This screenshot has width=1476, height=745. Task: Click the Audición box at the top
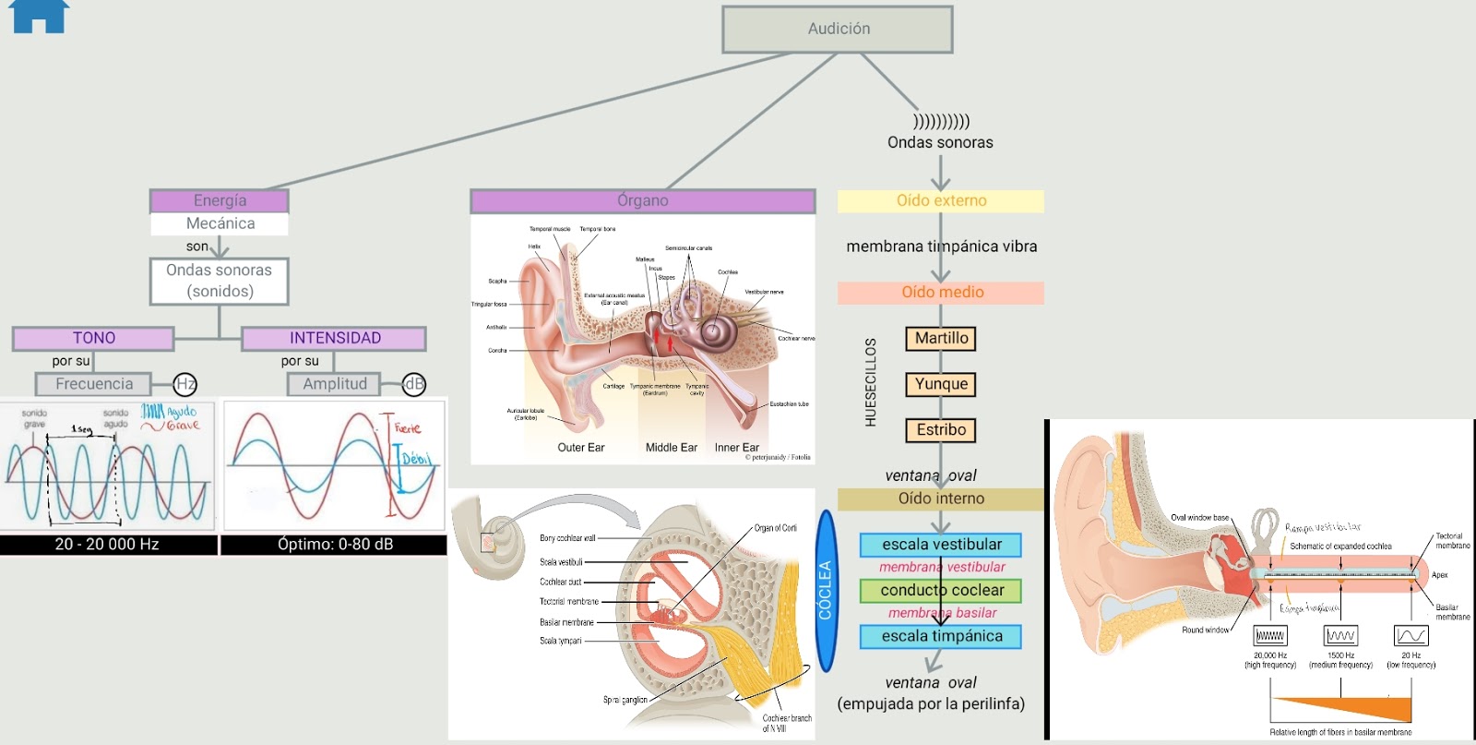[x=837, y=30]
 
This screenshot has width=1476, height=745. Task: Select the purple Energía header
[x=220, y=200]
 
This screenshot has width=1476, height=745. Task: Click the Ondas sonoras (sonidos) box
[x=220, y=281]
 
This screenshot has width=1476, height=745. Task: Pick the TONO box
[x=93, y=338]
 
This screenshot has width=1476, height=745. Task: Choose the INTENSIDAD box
[x=334, y=338]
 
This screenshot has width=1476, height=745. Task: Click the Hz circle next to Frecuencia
[x=185, y=384]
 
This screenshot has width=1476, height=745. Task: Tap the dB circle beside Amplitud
[x=414, y=384]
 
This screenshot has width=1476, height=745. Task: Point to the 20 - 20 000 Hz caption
[x=108, y=545]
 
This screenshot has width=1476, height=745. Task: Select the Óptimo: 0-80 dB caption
[x=334, y=545]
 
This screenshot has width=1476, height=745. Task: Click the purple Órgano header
[x=642, y=200]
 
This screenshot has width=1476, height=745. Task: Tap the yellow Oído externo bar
[x=940, y=201]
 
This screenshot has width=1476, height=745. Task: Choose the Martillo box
[x=941, y=339]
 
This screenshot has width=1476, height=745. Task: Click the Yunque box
[x=941, y=384]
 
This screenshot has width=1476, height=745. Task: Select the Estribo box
[x=941, y=430]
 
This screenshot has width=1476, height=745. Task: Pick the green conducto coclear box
[x=941, y=590]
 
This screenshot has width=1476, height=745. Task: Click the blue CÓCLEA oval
[x=826, y=591]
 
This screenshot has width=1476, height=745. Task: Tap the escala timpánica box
[x=941, y=636]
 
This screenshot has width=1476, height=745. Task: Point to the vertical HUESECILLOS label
[x=870, y=382]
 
